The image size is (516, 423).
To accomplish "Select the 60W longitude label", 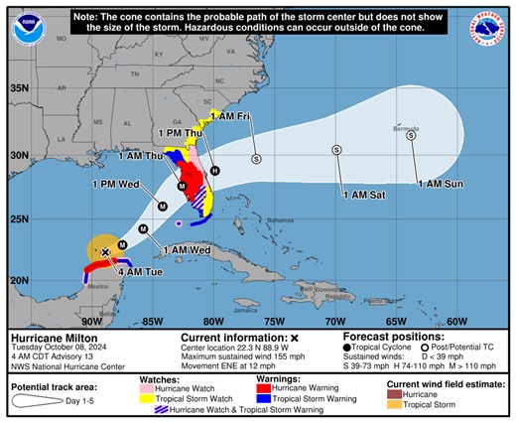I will point(456,321).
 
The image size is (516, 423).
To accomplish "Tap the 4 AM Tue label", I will point(135,271).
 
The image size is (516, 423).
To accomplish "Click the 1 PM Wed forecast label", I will point(114,184).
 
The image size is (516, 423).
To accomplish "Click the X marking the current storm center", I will point(105,253).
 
